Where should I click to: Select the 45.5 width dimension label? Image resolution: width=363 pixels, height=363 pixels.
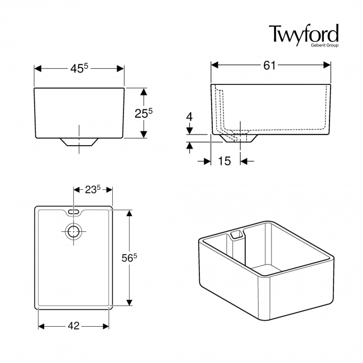tap(79, 68)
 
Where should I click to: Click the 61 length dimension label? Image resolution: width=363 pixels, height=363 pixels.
tap(270, 65)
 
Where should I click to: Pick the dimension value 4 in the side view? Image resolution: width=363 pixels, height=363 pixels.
tap(189, 117)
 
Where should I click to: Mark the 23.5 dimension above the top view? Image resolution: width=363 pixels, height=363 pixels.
tap(92, 189)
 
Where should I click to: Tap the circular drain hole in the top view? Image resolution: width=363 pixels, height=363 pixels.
tap(74, 231)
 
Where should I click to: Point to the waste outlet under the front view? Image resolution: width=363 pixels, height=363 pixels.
tap(79, 142)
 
